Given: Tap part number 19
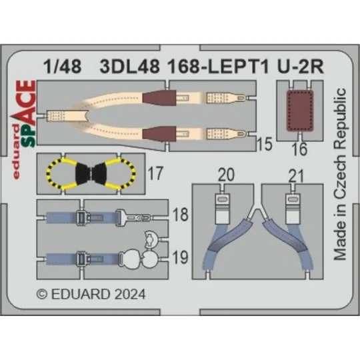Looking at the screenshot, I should tap(179, 257).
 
